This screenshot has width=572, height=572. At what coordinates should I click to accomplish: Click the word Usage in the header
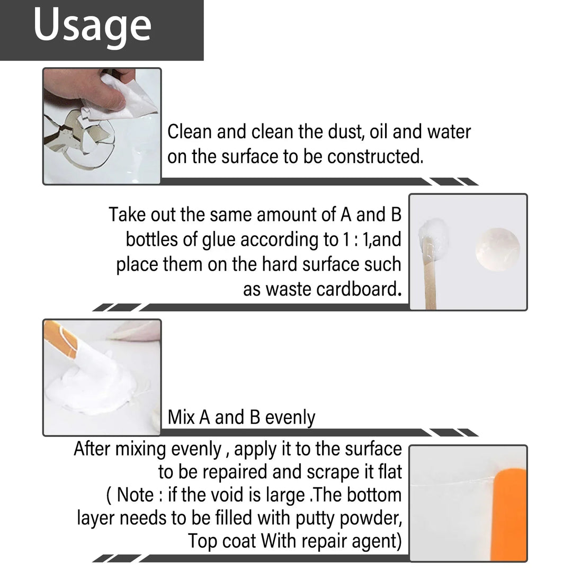point(92,25)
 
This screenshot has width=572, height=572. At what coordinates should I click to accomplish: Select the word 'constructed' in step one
point(373,157)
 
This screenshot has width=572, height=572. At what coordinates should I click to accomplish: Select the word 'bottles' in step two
point(151,239)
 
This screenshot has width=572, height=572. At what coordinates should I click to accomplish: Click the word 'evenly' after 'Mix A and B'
point(290,417)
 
